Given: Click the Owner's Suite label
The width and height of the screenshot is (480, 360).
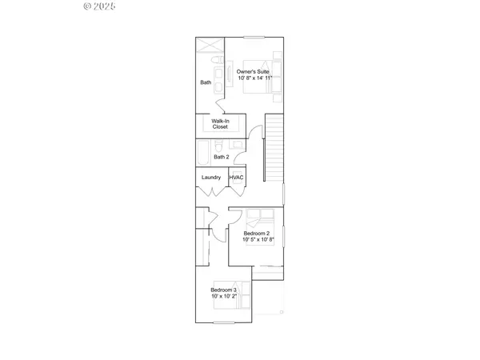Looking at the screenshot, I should coord(253,72).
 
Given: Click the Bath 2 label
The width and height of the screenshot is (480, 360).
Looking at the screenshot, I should coord(222,157).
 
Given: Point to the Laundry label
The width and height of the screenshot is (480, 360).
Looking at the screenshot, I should coord(211,178).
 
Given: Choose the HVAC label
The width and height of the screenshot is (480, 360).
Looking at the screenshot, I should coord(237,178).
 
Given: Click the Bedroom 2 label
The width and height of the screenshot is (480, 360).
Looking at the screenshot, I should coord(257,233).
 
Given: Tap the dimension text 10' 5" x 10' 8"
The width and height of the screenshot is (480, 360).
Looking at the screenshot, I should coord(258,240).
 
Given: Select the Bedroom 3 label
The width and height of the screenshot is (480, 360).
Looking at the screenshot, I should coord(223,290).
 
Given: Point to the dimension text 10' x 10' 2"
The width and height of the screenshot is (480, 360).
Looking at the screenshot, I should coord(225,297).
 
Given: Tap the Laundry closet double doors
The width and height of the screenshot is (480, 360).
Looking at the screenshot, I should coord(212,192).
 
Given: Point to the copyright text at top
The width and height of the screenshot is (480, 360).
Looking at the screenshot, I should coord(100,6).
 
